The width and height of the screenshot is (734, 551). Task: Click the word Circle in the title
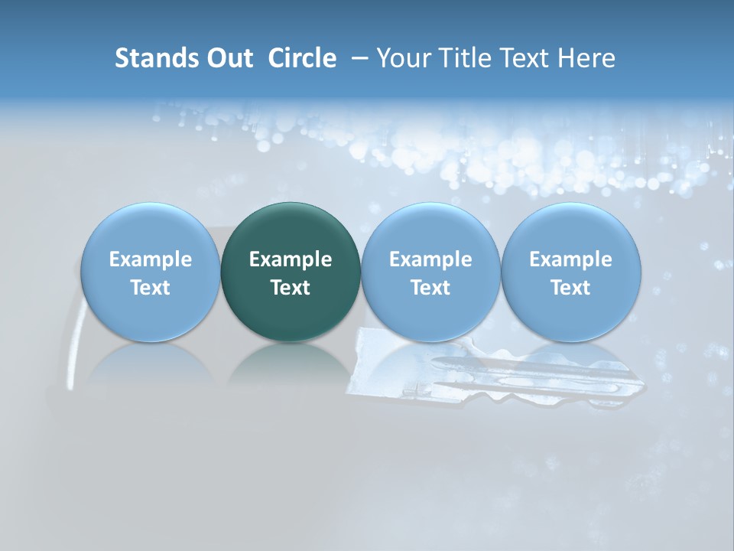tap(302, 58)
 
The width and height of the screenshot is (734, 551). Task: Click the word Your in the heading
tap(402, 58)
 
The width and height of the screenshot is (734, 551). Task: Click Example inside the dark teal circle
tap(291, 259)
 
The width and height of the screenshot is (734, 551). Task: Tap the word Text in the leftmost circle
tap(150, 288)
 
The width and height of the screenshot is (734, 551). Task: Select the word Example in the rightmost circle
tap(570, 259)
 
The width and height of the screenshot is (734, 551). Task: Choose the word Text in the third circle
tap(430, 288)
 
